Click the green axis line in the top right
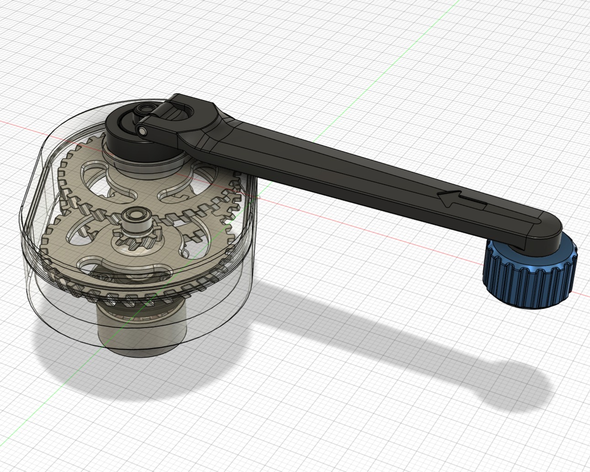411,41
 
